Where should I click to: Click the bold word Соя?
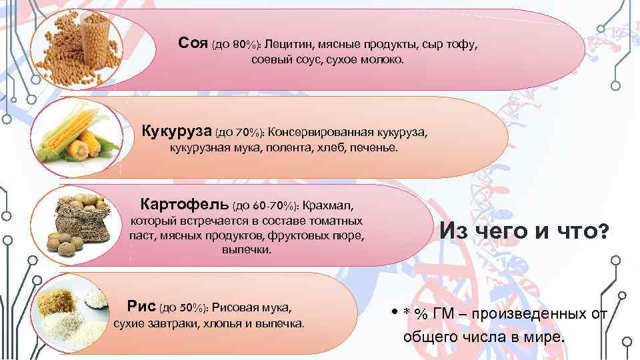click(193, 43)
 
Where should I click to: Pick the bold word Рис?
click(141, 306)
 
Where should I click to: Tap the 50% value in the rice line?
click(189, 307)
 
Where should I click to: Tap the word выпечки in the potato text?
click(247, 251)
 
